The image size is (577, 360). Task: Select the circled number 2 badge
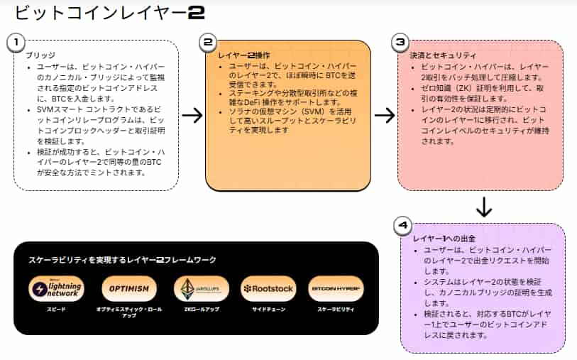[207, 42]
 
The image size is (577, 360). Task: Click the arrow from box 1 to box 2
[192, 116]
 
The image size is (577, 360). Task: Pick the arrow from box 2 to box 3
[384, 116]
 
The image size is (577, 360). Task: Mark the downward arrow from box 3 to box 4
[483, 207]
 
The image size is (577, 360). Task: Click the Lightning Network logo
[57, 289]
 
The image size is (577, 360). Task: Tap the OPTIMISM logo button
[129, 289]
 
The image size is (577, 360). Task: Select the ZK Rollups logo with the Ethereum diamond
[202, 289]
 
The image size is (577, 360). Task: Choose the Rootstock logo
[268, 289]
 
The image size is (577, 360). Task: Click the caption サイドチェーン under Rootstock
[267, 310]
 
